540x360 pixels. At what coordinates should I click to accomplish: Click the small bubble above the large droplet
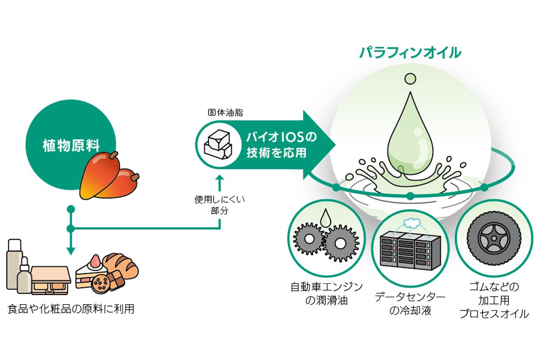pyautogui.click(x=409, y=78)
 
